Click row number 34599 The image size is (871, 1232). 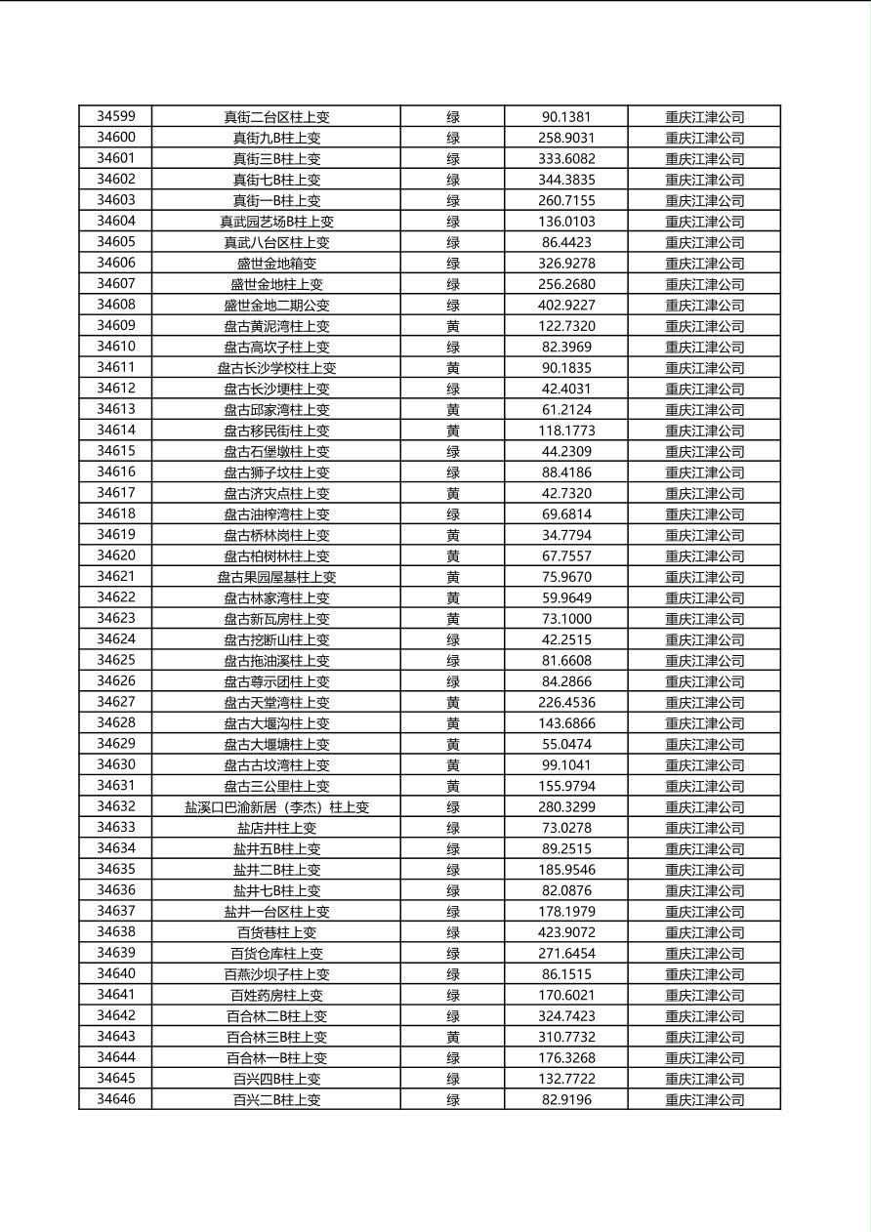point(116,116)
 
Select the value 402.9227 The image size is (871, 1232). point(566,305)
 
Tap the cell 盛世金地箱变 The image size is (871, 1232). point(276,264)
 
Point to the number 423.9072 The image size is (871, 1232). point(566,932)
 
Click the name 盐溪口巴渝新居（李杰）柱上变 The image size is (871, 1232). point(276,807)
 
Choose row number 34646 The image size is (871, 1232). point(116,1099)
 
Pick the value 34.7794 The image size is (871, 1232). point(566,535)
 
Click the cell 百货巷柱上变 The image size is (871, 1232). point(276,932)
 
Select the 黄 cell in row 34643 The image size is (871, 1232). point(453,1037)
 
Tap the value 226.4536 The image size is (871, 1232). point(566,702)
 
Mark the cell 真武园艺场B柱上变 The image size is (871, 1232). point(276,222)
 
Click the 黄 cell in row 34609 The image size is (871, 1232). point(453,326)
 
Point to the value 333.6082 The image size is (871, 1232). point(566,158)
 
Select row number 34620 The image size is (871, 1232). point(116,555)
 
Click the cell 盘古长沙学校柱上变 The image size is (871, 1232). point(276,368)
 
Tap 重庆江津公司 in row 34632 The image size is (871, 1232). point(704,807)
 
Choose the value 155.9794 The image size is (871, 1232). point(566,786)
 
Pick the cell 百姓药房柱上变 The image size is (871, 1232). point(276,995)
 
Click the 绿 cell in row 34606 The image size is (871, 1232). point(453,264)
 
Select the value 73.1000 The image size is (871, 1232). point(566,619)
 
